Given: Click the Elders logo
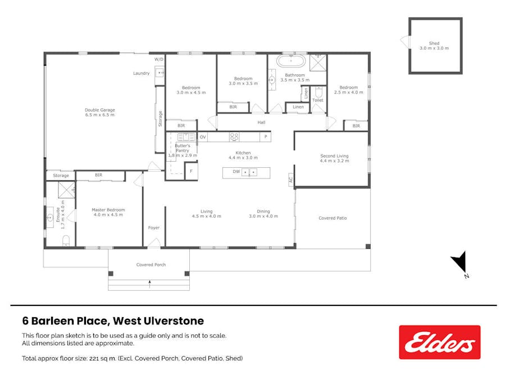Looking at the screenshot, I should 439,342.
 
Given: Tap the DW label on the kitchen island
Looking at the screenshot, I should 236,172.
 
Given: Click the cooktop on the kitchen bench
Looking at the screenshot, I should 234,136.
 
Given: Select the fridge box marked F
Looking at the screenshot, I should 192,171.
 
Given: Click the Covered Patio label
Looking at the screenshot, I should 332,218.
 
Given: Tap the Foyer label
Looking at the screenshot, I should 153,228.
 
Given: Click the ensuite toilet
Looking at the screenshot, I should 66,241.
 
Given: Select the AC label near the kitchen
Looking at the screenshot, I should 290,180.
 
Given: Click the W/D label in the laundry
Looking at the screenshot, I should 159,59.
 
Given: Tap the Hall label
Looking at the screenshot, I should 261,122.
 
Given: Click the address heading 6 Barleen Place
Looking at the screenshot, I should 113,321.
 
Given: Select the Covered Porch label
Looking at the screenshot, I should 151,264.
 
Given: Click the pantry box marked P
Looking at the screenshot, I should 265,136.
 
